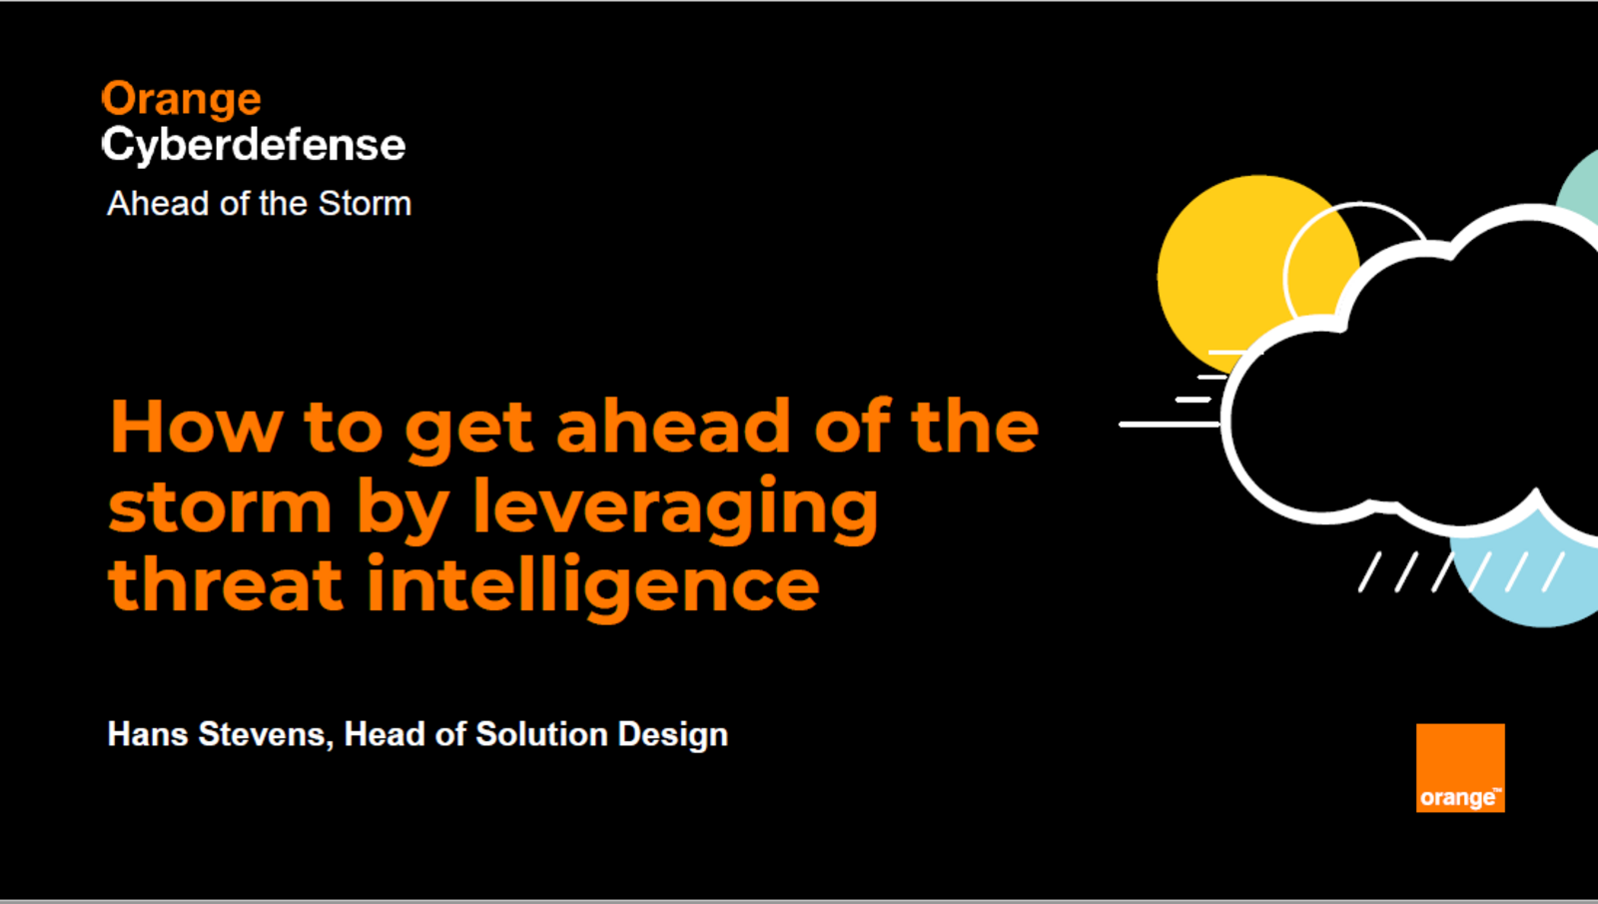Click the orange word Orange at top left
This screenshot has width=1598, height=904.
pyautogui.click(x=181, y=100)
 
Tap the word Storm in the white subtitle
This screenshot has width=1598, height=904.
pyautogui.click(x=365, y=204)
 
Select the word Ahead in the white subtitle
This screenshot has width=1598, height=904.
pyautogui.click(x=159, y=204)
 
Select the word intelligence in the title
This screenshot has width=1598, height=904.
pyautogui.click(x=593, y=586)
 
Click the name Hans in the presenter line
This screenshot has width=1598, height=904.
pyautogui.click(x=148, y=734)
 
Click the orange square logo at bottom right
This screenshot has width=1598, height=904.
pyautogui.click(x=1460, y=768)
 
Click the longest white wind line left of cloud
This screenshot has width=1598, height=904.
pyautogui.click(x=1170, y=425)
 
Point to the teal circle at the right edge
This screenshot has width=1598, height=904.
pyautogui.click(x=1579, y=187)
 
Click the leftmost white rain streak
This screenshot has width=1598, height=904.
pyautogui.click(x=1369, y=571)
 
